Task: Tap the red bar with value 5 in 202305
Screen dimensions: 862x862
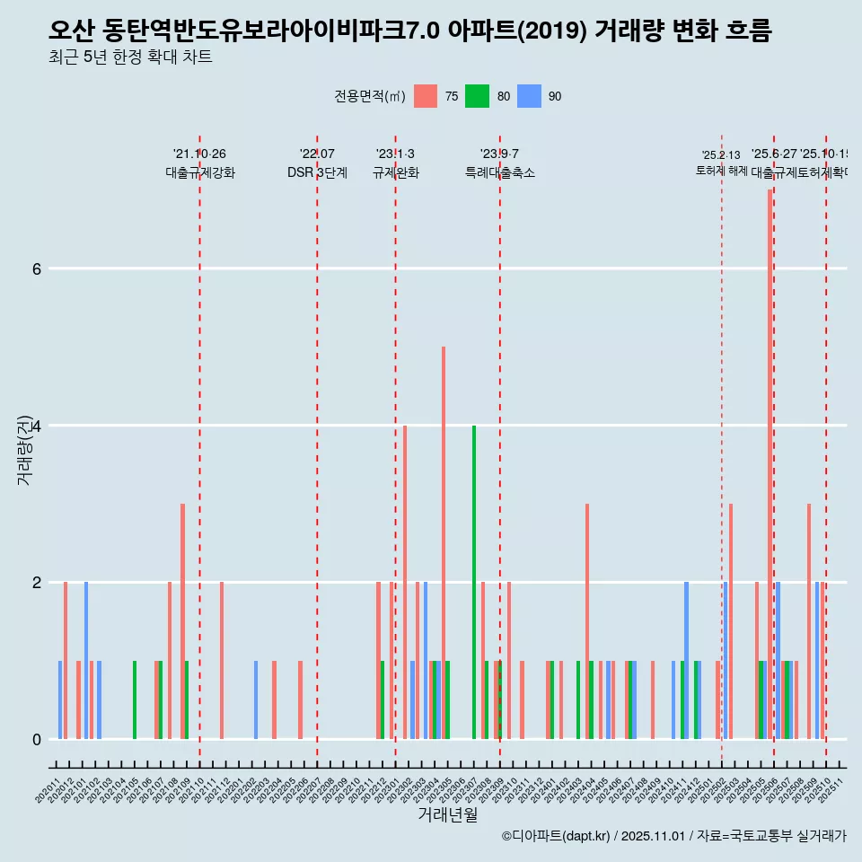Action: pos(444,542)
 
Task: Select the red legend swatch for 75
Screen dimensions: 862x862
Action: pos(426,96)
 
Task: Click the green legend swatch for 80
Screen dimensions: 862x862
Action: pos(477,96)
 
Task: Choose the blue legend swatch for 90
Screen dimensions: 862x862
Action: pos(530,96)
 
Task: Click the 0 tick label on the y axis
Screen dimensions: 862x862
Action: pos(36,739)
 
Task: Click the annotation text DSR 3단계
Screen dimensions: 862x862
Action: pos(317,172)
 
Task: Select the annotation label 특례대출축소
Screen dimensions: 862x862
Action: pos(499,172)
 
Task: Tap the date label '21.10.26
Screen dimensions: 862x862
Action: pos(199,154)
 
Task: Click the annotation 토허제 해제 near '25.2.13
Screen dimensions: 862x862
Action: pos(721,171)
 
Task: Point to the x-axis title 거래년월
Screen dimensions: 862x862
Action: pos(447,814)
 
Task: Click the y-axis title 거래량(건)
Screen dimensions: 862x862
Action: pos(24,449)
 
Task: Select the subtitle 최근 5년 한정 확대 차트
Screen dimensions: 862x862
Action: pos(130,58)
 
